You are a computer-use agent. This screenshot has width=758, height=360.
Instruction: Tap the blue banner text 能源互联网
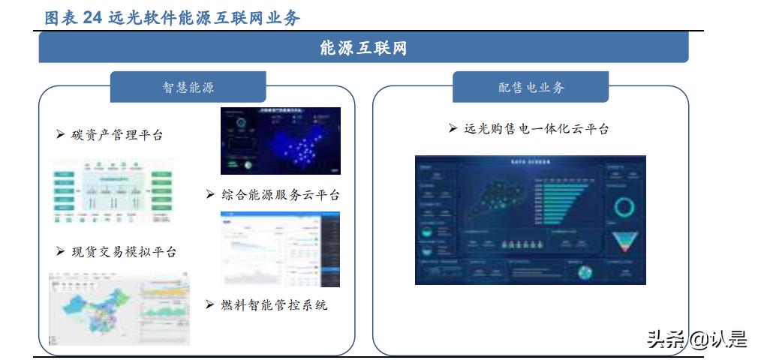click(x=363, y=49)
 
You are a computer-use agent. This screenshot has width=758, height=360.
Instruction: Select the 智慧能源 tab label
click(x=188, y=88)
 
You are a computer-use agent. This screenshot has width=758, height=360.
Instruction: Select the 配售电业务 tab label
click(x=531, y=88)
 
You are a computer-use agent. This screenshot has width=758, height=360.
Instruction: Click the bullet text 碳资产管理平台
click(x=117, y=135)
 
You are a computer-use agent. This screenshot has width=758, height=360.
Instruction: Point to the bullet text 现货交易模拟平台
click(x=125, y=252)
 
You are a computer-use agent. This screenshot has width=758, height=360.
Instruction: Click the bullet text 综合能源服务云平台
click(x=280, y=195)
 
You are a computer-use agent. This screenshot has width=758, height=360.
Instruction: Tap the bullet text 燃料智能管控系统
click(x=274, y=305)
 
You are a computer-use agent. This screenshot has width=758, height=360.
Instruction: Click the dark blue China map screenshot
click(x=280, y=141)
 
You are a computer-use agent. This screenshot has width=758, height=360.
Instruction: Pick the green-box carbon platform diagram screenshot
click(x=113, y=191)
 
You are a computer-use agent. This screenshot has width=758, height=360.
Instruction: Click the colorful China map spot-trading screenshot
click(x=119, y=307)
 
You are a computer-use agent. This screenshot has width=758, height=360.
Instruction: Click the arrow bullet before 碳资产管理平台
click(x=60, y=135)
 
